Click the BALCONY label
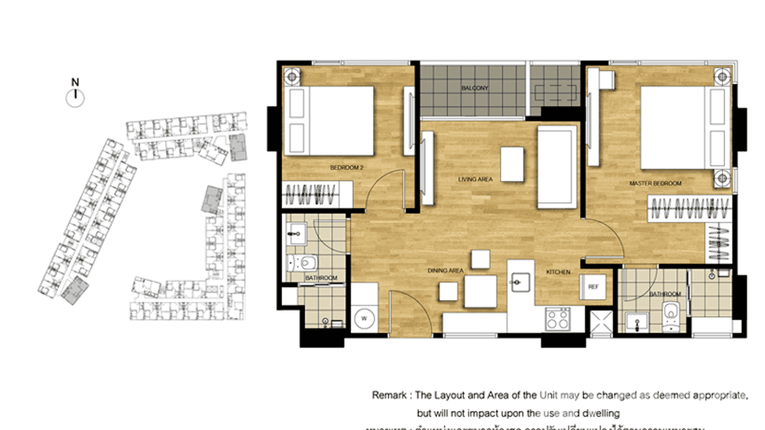[x=475, y=88]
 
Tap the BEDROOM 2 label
[x=347, y=168]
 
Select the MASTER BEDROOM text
[x=655, y=184]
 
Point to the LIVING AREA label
[x=475, y=180]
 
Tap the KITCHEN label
[x=558, y=273]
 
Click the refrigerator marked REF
[x=592, y=287]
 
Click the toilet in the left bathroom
[x=308, y=263]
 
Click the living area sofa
[x=556, y=168]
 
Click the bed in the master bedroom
[x=682, y=127]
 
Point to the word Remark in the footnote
[x=390, y=395]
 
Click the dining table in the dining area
[x=480, y=291]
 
